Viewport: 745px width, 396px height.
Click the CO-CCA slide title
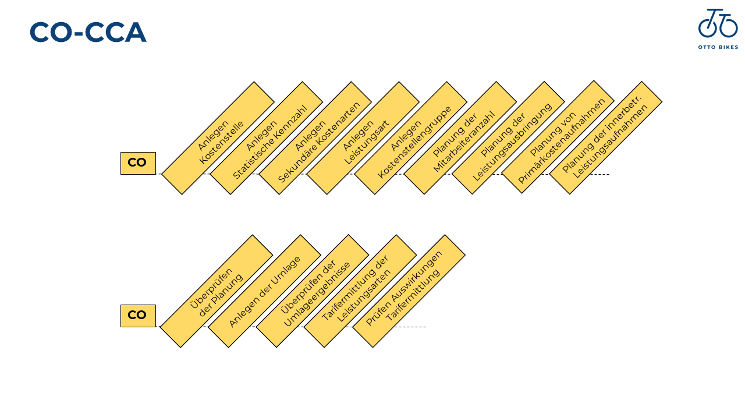[x=88, y=33]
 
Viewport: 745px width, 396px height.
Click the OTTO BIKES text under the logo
[x=718, y=47]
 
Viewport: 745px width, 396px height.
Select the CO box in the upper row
[x=138, y=163]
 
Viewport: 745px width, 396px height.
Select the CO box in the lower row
[x=138, y=316]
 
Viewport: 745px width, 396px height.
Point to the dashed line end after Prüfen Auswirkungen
[x=425, y=327]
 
